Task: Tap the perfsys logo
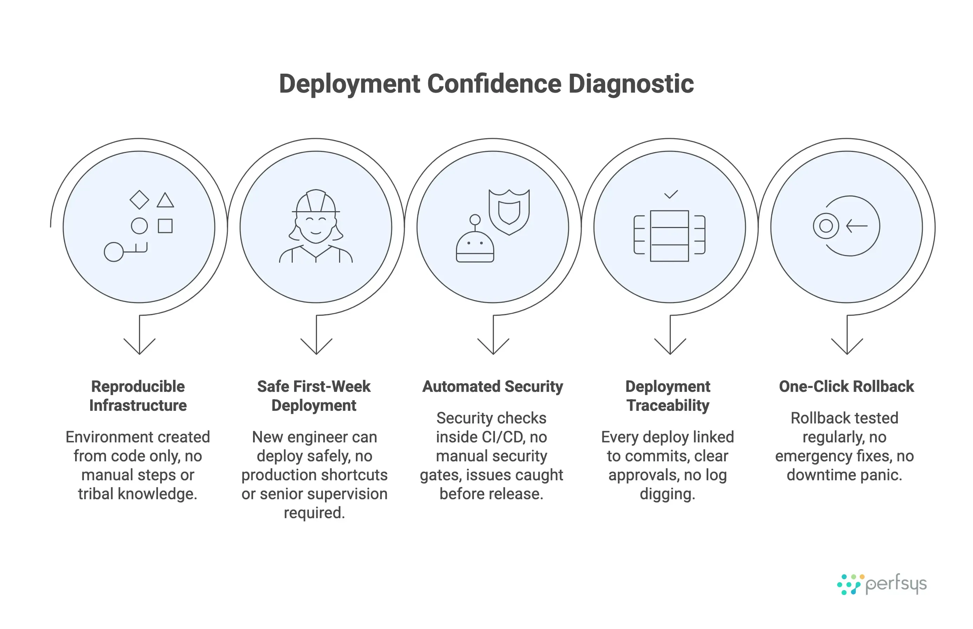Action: pyautogui.click(x=881, y=584)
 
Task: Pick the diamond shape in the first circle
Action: pyautogui.click(x=139, y=200)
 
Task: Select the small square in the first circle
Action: pyautogui.click(x=165, y=226)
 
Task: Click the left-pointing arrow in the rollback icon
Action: pyautogui.click(x=856, y=226)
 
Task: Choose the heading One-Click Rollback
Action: pyautogui.click(x=846, y=386)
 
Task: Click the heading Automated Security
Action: pyautogui.click(x=492, y=386)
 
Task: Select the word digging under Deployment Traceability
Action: pyautogui.click(x=667, y=494)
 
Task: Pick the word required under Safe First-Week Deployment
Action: pyautogui.click(x=314, y=513)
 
